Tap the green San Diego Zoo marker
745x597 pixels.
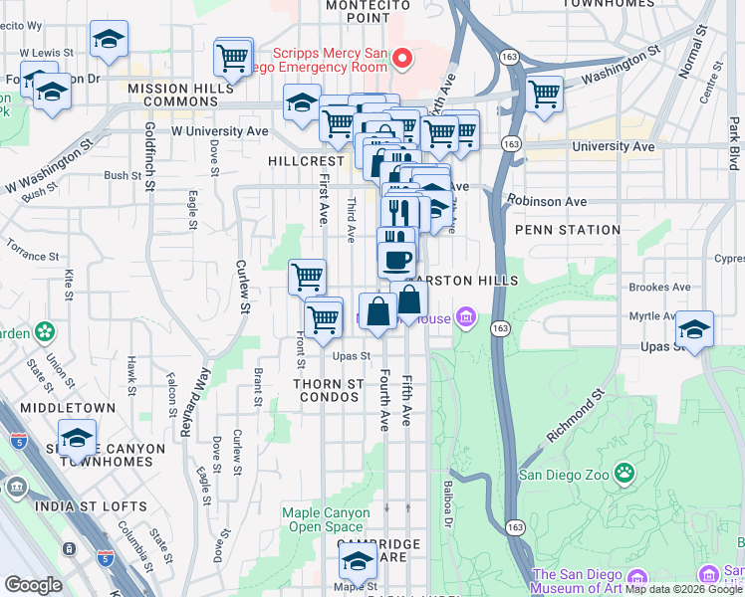click(624, 472)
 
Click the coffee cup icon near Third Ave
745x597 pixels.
click(396, 260)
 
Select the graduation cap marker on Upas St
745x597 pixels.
click(694, 329)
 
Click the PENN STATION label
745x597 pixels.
click(568, 230)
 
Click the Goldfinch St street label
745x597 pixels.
click(149, 155)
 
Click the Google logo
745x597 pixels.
click(33, 585)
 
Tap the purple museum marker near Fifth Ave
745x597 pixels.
click(465, 319)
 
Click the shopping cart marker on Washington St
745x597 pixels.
click(544, 95)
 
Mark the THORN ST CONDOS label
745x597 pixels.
click(327, 390)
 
